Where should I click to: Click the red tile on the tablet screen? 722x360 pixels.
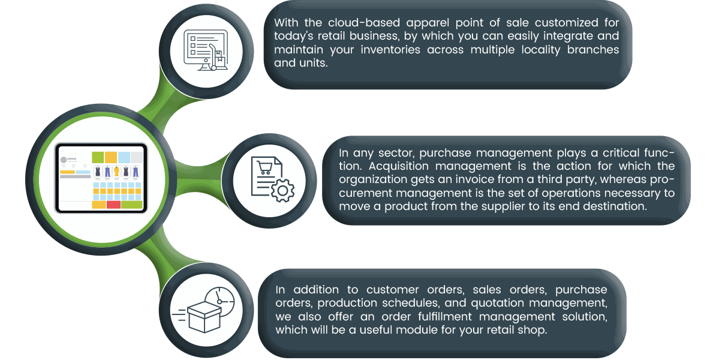tap(113, 205)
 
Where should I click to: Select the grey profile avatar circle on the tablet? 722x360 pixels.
tap(62, 160)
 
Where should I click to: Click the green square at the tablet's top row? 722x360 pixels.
tap(97, 157)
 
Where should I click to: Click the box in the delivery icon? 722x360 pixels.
tap(204, 316)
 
